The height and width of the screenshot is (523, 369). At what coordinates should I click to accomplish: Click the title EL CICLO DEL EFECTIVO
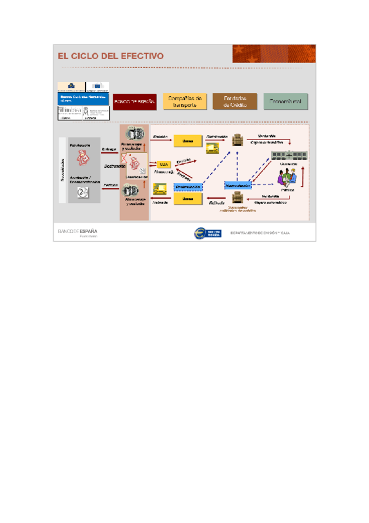[111, 56]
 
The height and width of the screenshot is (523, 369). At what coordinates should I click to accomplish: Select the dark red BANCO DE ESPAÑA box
[134, 101]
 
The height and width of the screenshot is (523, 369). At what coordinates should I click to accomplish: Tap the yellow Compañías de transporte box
[185, 101]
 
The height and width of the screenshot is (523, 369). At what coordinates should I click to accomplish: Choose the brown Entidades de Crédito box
[235, 101]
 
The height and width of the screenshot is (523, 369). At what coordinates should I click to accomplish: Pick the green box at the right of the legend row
[285, 101]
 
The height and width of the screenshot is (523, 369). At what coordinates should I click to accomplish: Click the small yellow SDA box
[163, 165]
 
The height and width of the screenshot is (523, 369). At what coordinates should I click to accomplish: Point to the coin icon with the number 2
[83, 193]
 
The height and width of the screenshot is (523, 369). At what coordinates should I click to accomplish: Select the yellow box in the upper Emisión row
[188, 141]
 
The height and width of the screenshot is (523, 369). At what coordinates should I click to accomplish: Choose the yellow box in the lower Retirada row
[188, 199]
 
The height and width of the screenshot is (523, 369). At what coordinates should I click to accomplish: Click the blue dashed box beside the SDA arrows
[188, 186]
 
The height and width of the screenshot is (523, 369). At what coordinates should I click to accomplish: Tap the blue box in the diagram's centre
[237, 185]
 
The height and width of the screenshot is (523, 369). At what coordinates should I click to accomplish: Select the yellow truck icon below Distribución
[213, 148]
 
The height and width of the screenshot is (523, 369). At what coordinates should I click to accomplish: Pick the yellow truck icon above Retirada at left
[161, 188]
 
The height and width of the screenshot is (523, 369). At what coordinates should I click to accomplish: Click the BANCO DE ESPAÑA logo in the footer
[78, 233]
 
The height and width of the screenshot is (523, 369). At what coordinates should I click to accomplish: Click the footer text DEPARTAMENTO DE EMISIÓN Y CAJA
[259, 233]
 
